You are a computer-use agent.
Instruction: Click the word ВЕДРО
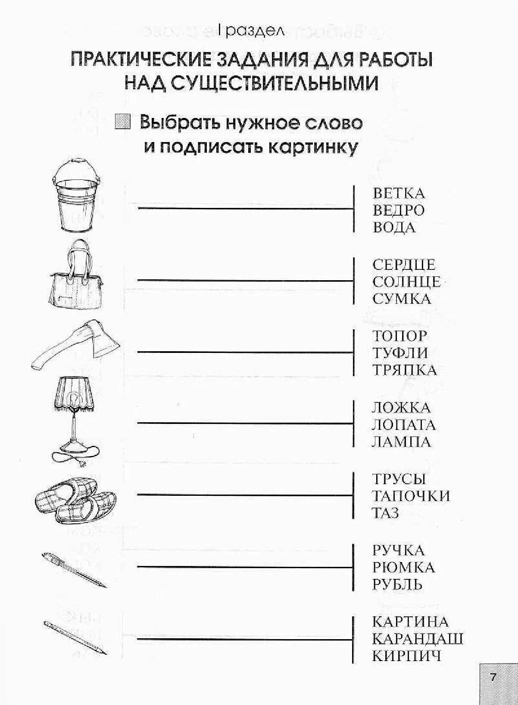[399, 210]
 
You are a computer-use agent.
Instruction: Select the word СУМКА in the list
[402, 299]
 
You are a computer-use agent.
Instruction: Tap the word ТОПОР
[400, 336]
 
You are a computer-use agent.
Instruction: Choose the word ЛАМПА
[401, 442]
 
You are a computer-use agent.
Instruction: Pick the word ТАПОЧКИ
[411, 496]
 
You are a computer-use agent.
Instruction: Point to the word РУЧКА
[399, 550]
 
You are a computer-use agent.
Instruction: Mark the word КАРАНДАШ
[418, 639]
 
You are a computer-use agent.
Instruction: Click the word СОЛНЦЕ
[406, 282]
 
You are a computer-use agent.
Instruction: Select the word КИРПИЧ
[407, 656]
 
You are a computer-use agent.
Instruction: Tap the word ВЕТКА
[399, 193]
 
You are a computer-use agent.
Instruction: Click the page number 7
[493, 677]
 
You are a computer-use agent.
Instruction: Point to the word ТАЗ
[385, 513]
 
